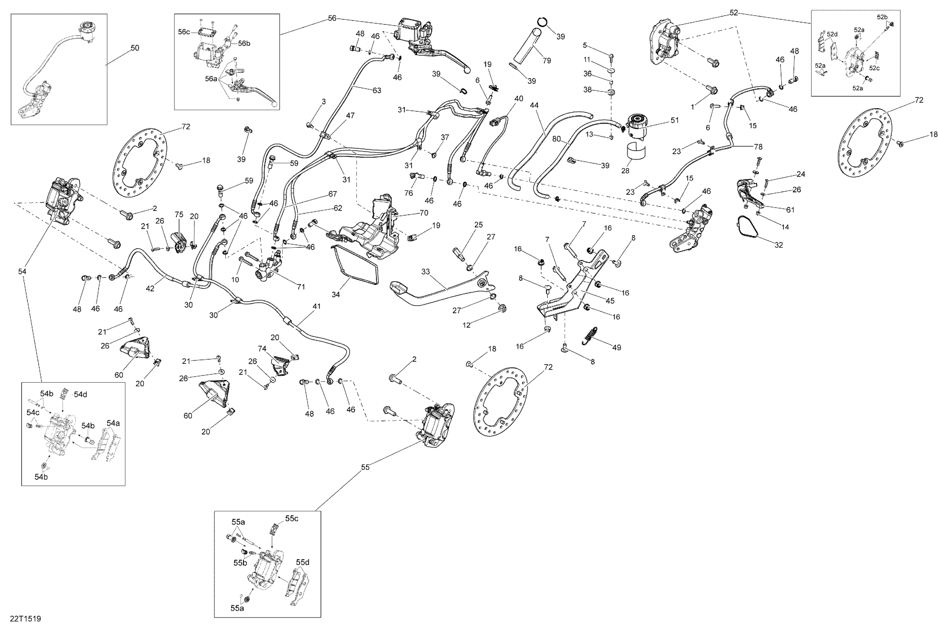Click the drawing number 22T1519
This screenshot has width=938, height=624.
[x=25, y=618]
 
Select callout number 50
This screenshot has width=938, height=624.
[x=135, y=48]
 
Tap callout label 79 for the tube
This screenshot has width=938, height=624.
[x=547, y=61]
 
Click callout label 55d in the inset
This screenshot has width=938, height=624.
[x=303, y=562]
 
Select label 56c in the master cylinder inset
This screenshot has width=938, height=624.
[x=184, y=32]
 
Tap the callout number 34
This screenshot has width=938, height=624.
[x=335, y=294]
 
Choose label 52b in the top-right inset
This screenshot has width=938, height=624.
[x=882, y=17]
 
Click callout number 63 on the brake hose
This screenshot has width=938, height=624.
[x=377, y=90]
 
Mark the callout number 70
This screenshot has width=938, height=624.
[x=424, y=213]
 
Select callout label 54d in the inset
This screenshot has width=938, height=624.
[x=80, y=394]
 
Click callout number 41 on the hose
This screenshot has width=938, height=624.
[x=316, y=307]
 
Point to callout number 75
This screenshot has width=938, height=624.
[x=179, y=214]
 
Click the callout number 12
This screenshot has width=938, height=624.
[x=466, y=325]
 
